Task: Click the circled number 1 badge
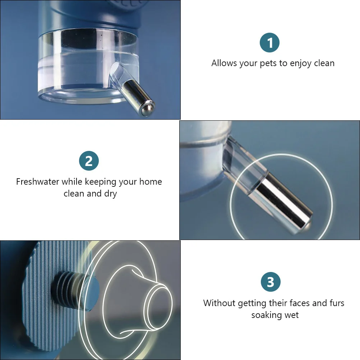tap(269, 43)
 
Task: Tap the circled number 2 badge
tap(89, 161)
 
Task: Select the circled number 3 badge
tap(270, 282)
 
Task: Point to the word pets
tap(269, 64)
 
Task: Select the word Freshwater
tap(37, 182)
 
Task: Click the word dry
tap(111, 194)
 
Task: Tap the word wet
tap(291, 315)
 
